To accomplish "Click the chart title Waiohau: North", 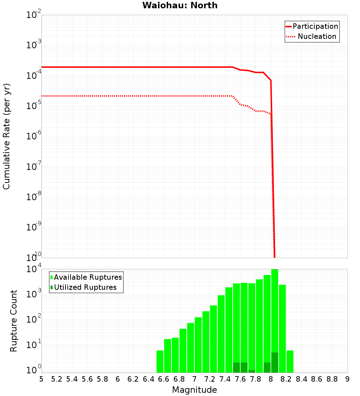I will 180,5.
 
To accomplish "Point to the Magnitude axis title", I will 194,390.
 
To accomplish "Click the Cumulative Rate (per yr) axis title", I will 6,136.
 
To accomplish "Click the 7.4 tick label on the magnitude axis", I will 225,379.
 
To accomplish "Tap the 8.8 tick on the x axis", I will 332,379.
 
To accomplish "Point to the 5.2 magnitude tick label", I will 57,379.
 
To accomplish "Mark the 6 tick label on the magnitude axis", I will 118,379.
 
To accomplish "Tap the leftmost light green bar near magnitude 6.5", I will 160,361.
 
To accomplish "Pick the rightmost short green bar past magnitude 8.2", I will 290,361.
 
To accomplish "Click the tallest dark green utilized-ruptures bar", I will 275,363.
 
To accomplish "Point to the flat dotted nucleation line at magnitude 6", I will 118,96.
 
